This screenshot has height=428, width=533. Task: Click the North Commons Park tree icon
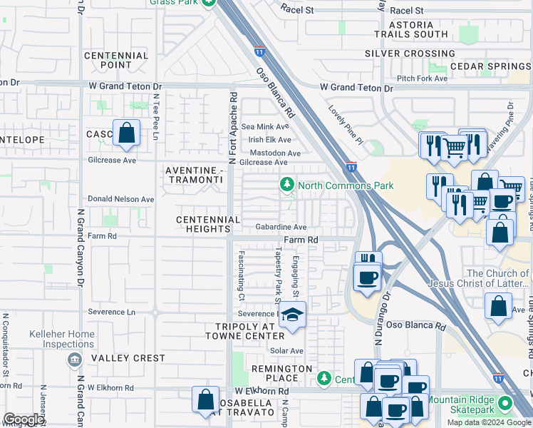click(x=287, y=185)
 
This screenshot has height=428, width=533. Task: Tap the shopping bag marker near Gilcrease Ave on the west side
click(x=126, y=133)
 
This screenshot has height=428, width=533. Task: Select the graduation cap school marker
click(x=291, y=315)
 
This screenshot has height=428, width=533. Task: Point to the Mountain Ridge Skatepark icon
click(x=506, y=404)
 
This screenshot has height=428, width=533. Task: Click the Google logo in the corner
click(x=24, y=419)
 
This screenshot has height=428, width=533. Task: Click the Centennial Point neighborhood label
click(x=116, y=60)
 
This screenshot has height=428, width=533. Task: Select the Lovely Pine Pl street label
click(x=346, y=126)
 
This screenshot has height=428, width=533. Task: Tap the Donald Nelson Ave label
click(x=120, y=199)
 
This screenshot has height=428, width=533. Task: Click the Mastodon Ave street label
click(x=274, y=153)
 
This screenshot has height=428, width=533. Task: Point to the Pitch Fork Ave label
click(x=423, y=78)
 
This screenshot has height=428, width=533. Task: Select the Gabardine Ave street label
click(x=281, y=228)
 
